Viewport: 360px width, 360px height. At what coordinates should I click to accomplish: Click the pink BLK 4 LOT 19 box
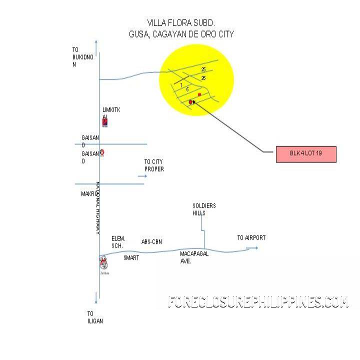(306, 154)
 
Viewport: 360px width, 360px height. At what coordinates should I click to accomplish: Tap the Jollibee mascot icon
(103, 262)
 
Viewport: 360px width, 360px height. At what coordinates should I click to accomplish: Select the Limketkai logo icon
(104, 121)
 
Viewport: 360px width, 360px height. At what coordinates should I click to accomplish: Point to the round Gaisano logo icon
(102, 152)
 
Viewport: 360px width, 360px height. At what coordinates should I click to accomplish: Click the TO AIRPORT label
(251, 238)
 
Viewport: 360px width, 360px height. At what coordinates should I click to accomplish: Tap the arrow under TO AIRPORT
(251, 248)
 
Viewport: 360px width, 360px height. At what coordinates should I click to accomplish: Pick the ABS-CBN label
(152, 242)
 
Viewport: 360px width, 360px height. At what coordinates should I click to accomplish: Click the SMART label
(131, 258)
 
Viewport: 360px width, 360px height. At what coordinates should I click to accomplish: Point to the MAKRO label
(88, 193)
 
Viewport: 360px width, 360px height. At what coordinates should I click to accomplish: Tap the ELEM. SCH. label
(118, 242)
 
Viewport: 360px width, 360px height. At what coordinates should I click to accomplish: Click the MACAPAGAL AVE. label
(194, 257)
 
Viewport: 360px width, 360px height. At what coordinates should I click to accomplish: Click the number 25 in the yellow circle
(203, 69)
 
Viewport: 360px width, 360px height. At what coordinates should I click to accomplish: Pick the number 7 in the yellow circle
(181, 85)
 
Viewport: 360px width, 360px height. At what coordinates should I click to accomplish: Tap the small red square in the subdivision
(199, 94)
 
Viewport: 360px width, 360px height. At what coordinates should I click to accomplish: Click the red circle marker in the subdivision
(190, 102)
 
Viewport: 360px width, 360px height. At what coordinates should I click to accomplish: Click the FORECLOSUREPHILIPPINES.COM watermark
(258, 302)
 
